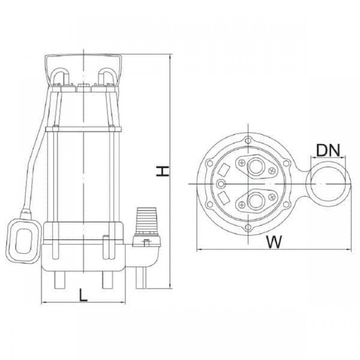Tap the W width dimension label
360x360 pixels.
274,241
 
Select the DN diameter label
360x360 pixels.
328,150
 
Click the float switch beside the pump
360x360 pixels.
24,241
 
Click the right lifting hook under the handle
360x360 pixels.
107,76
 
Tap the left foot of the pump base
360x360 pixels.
60,280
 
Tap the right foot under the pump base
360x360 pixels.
108,280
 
